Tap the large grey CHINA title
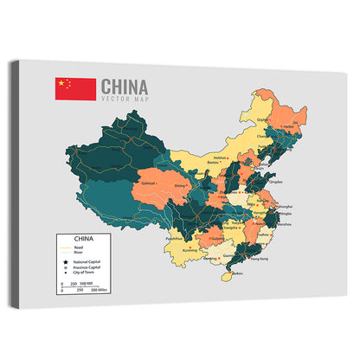coord(125,87)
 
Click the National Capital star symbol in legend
coord(65,260)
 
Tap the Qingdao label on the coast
coord(276,183)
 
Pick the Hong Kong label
coord(258,258)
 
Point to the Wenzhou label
coord(286,224)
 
